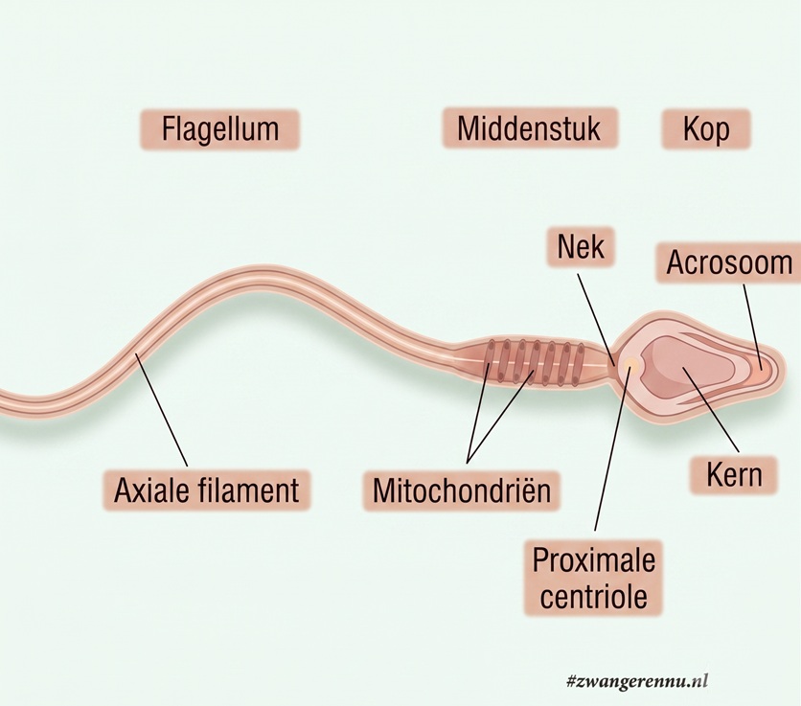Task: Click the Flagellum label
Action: point(219,129)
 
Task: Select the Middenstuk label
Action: point(530,128)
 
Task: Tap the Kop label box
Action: point(706,128)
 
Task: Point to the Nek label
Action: point(581,247)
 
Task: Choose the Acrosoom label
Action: point(728,262)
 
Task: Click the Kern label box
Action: point(734,474)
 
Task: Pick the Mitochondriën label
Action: point(461,490)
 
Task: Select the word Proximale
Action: point(594,559)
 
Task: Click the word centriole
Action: point(594,596)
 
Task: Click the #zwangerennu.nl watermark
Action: point(637,681)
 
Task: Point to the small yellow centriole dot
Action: point(630,364)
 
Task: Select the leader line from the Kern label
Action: point(711,409)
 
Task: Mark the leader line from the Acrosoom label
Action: point(752,327)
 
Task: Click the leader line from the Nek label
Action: point(596,319)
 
